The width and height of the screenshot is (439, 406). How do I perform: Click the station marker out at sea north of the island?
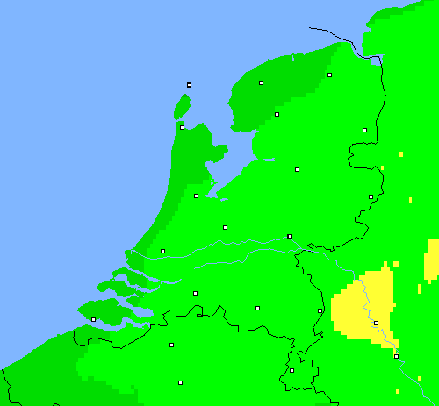click(x=189, y=85)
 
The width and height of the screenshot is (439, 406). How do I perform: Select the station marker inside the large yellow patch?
click(x=376, y=324)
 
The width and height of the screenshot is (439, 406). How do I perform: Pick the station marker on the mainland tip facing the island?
click(x=182, y=127)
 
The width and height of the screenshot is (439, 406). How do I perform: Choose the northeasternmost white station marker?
click(x=330, y=75)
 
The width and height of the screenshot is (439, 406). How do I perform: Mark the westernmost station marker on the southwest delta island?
click(x=94, y=319)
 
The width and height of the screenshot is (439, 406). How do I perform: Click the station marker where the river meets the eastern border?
click(x=290, y=236)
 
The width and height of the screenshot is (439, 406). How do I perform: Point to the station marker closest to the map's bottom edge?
click(x=180, y=382)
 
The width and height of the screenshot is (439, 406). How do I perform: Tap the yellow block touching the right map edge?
click(x=432, y=260)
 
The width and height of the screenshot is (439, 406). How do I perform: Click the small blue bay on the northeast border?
click(x=376, y=60)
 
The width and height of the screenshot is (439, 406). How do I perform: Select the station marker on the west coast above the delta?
click(x=162, y=252)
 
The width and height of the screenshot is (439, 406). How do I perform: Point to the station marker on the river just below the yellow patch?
click(x=396, y=356)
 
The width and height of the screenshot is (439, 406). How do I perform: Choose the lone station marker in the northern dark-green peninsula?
click(x=262, y=83)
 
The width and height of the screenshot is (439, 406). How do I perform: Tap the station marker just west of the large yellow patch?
click(x=320, y=310)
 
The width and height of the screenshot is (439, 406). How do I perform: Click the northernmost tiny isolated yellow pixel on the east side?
click(x=400, y=154)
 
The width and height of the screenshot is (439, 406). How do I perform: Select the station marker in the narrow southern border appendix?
click(x=292, y=370)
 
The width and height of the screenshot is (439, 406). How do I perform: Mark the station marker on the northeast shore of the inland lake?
click(x=277, y=114)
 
